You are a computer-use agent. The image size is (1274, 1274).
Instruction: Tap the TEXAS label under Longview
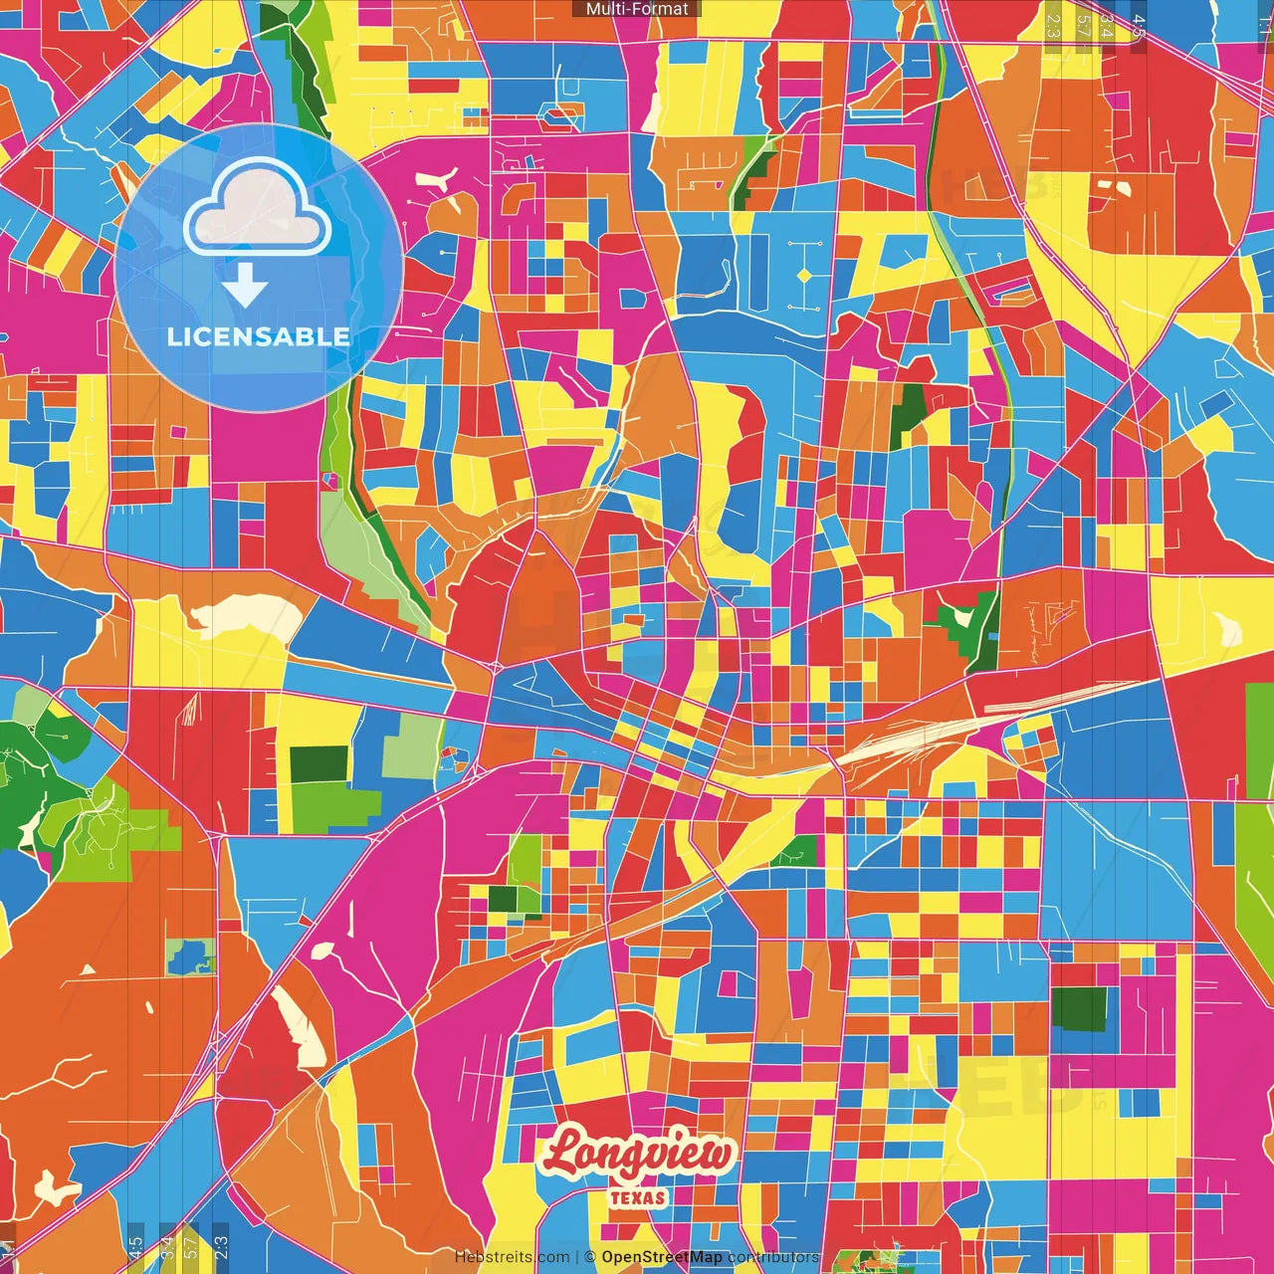tap(638, 1197)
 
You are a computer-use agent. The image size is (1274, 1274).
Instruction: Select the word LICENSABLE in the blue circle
tap(258, 336)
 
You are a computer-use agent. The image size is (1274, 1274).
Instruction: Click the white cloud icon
tap(257, 207)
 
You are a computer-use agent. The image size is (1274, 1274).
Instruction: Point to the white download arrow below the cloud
tap(245, 287)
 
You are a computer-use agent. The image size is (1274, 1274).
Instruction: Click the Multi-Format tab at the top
tap(637, 9)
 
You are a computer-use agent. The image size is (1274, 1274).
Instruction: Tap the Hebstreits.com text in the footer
tap(512, 1257)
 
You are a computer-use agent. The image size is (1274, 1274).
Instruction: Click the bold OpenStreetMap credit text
tap(662, 1257)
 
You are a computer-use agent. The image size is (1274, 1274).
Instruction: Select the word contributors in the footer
tap(773, 1257)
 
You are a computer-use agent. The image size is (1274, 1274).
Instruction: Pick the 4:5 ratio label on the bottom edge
tap(135, 1247)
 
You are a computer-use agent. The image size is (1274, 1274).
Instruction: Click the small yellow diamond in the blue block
tap(804, 275)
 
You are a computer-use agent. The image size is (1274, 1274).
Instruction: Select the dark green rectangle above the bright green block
tap(318, 763)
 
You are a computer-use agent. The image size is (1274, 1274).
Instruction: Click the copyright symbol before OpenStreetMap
tap(590, 1257)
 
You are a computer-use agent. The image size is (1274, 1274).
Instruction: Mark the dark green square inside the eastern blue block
tap(1079, 1008)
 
